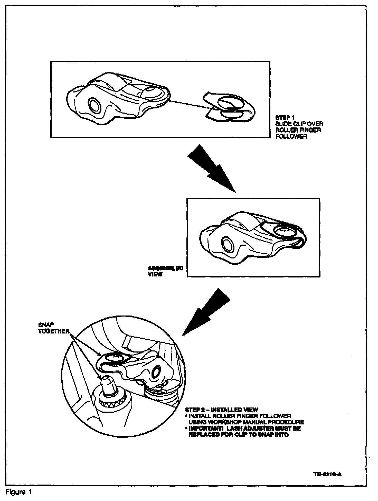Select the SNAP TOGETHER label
(x=53, y=328)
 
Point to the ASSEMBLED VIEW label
(x=165, y=271)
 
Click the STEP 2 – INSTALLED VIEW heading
(x=221, y=410)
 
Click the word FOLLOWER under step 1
(x=291, y=136)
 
